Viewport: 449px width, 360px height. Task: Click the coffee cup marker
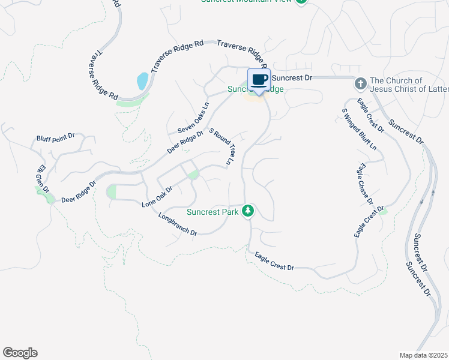[x=259, y=80]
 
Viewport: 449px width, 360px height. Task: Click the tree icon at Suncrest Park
[x=247, y=211]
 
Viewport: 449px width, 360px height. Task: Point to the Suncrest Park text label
[x=211, y=212]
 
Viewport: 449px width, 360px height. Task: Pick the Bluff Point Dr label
[x=55, y=137]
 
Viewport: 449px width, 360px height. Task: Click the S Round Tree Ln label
[x=220, y=146]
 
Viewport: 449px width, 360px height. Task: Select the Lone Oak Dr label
[x=157, y=197]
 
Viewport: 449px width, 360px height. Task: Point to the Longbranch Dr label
[x=178, y=223]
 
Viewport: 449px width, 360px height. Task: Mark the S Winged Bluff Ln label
[x=360, y=129]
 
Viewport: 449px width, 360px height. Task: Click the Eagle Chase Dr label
[x=366, y=183]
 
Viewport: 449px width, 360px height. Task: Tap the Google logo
[x=20, y=353]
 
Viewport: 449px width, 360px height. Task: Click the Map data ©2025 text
[x=423, y=355]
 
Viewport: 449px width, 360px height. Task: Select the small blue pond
[x=143, y=80]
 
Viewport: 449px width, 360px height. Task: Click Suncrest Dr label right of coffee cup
[x=292, y=78]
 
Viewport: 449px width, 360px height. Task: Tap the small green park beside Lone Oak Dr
[x=193, y=175]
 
